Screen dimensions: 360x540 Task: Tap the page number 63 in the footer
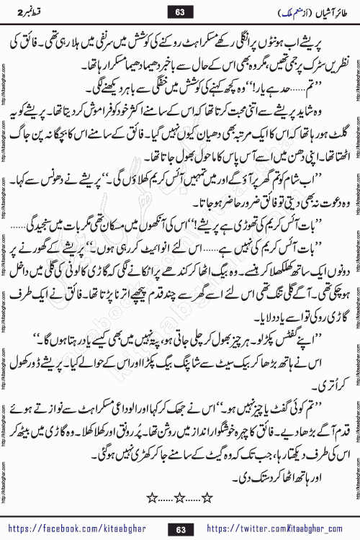click(x=179, y=528)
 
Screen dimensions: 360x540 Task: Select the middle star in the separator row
click(x=179, y=498)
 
